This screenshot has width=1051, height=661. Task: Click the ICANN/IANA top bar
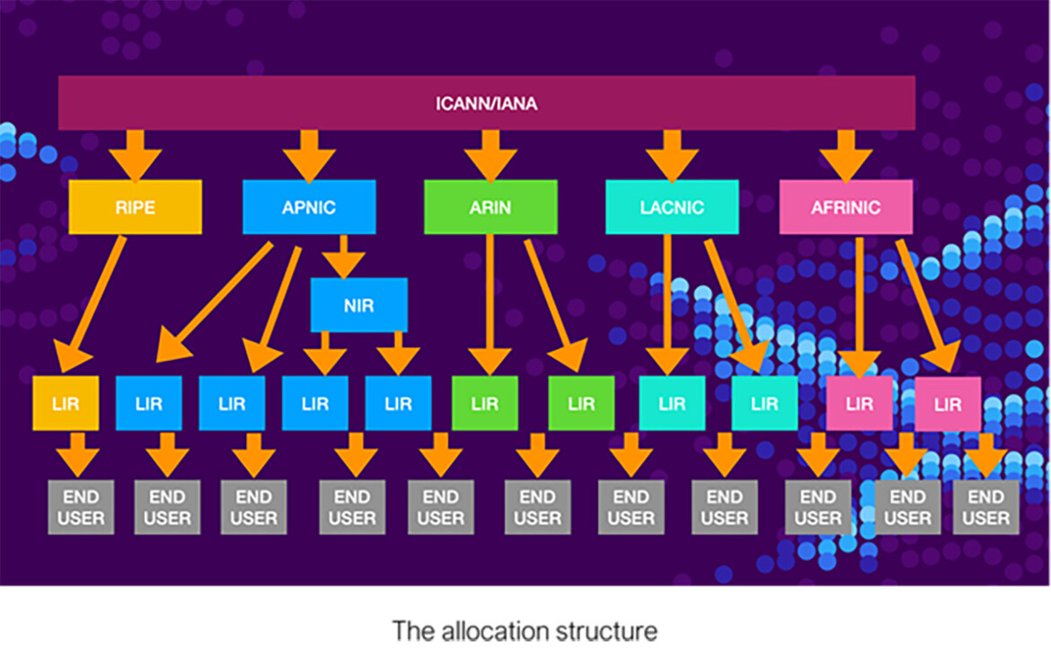(x=487, y=103)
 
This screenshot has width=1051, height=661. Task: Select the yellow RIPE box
(x=135, y=207)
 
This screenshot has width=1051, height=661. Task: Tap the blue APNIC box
(x=309, y=207)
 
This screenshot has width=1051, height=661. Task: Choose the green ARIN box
(x=490, y=207)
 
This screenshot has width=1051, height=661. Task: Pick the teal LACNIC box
(x=672, y=207)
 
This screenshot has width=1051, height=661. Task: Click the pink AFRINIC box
(x=845, y=207)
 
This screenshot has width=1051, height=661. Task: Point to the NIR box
(x=358, y=305)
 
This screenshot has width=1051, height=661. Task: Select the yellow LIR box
(x=66, y=403)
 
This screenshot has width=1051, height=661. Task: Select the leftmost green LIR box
(x=484, y=403)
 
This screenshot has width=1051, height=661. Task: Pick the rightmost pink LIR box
(x=948, y=404)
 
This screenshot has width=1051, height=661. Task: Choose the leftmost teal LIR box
(x=672, y=403)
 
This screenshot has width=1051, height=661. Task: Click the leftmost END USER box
(x=81, y=507)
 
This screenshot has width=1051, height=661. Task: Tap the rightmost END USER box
(x=985, y=507)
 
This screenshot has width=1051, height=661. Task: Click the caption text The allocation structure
(x=524, y=630)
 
